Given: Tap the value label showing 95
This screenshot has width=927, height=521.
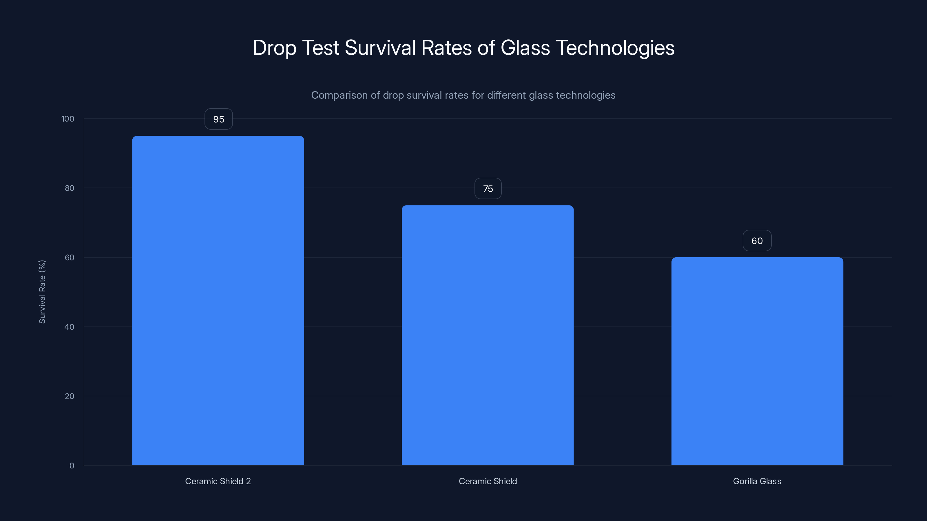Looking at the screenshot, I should (x=218, y=119).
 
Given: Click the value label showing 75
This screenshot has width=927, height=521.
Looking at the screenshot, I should (x=488, y=189).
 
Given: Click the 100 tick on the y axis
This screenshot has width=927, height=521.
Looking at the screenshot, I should (x=68, y=119).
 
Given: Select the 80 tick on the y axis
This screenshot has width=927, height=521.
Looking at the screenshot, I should (x=70, y=188).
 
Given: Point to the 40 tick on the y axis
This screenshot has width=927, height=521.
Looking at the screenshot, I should (x=70, y=327).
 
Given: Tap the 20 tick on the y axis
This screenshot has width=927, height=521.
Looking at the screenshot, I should (x=70, y=396).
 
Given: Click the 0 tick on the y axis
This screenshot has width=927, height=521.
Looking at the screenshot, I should (x=72, y=466).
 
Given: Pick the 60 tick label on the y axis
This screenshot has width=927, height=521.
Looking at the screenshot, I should (x=70, y=257).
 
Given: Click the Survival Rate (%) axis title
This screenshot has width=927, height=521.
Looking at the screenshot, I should (x=42, y=291).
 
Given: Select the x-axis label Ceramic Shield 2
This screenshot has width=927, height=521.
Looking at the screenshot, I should (x=218, y=481).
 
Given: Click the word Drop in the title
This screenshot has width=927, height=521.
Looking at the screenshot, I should (x=274, y=48).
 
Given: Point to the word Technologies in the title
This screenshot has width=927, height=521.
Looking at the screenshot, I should (x=615, y=48).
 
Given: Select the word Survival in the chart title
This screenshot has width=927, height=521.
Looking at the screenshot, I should (x=380, y=48).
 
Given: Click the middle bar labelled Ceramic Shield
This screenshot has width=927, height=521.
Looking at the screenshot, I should (x=488, y=335).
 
